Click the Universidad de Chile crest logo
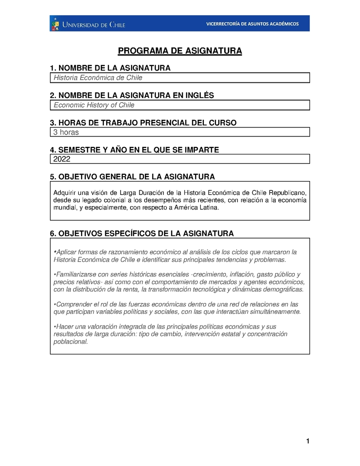click(x=56, y=23)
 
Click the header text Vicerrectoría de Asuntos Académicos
click(x=252, y=23)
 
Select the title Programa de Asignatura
click(x=180, y=51)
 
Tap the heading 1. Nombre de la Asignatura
click(x=110, y=68)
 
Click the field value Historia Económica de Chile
click(x=98, y=78)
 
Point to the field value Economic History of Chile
click(x=94, y=105)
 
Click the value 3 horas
click(x=66, y=132)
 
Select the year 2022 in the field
click(x=62, y=159)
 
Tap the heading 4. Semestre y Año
click(x=134, y=149)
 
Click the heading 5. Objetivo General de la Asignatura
click(x=132, y=176)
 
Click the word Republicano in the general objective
click(x=288, y=192)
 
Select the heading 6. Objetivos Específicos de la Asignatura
click(x=142, y=233)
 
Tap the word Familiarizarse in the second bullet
click(x=76, y=274)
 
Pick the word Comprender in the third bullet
click(x=72, y=304)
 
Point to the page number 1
click(x=307, y=441)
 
